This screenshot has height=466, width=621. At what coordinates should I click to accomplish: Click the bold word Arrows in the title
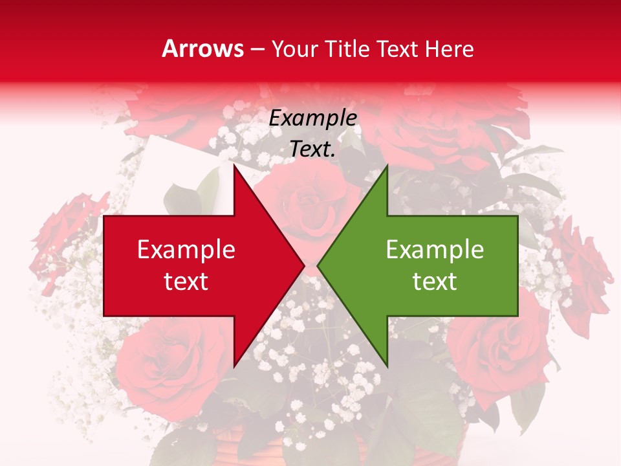click(x=202, y=49)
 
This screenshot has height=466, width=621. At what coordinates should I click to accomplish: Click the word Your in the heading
click(x=296, y=49)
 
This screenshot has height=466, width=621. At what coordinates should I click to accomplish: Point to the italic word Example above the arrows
click(x=312, y=118)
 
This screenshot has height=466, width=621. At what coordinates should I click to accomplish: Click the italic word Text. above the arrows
click(x=312, y=150)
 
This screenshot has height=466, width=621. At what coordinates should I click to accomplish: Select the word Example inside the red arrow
click(x=186, y=250)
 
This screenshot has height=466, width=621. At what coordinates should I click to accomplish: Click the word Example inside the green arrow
click(x=435, y=250)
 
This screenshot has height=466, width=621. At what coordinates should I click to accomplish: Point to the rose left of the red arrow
click(x=65, y=233)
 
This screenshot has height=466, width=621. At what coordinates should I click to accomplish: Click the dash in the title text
click(x=257, y=49)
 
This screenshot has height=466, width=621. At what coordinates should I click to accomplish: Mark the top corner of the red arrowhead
click(x=234, y=166)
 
